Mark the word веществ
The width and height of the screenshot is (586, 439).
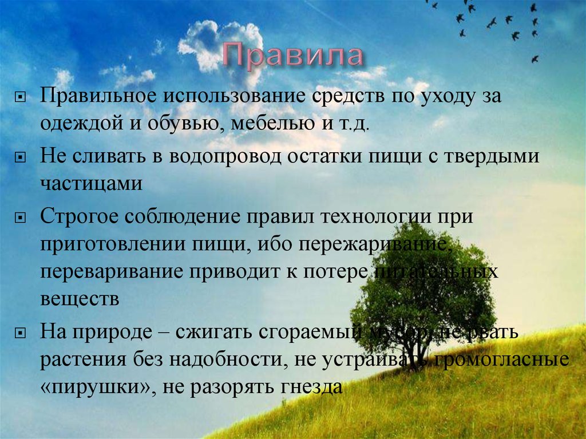(x=80, y=299)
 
